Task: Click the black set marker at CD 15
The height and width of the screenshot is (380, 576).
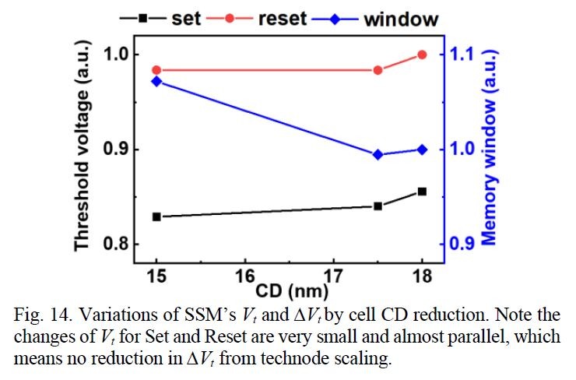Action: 156,216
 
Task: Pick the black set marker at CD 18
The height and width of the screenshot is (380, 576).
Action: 422,192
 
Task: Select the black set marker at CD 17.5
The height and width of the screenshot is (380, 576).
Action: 378,206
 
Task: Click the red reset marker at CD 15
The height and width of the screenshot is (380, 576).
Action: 156,70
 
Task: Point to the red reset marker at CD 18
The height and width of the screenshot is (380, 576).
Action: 422,55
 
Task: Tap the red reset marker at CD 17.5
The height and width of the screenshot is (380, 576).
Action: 378,70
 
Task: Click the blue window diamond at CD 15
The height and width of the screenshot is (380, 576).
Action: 156,81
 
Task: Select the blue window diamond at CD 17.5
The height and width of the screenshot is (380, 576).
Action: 378,155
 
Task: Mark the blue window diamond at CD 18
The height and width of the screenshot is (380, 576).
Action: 422,150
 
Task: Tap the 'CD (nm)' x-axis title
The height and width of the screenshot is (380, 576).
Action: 290,292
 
